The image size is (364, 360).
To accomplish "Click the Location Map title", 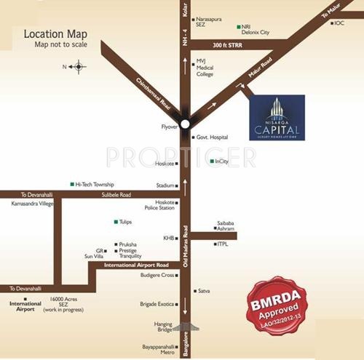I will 55,33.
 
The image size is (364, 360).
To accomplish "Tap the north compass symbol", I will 78,67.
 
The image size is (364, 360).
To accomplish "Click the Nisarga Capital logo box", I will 277,116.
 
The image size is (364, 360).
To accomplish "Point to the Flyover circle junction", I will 186,123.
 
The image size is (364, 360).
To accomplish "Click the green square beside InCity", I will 212,161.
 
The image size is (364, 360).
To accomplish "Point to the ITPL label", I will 223,244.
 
